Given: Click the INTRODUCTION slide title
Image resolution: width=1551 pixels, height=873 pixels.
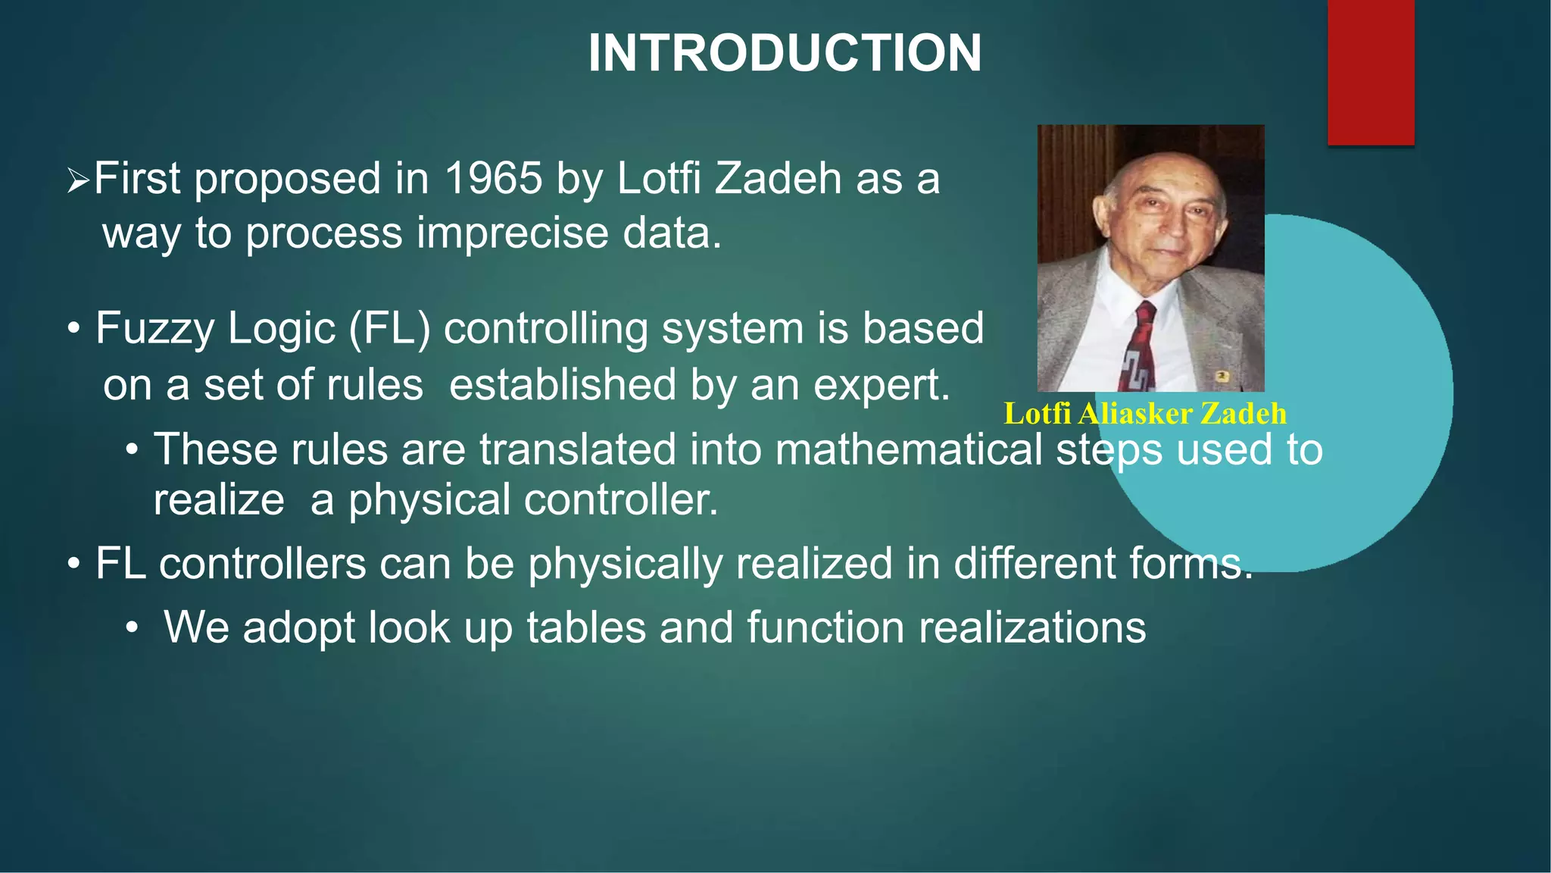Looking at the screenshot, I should click(x=785, y=53).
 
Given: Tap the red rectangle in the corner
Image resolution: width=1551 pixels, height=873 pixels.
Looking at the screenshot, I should click(x=1371, y=72).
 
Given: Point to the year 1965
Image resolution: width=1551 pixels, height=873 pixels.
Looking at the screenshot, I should click(x=493, y=179).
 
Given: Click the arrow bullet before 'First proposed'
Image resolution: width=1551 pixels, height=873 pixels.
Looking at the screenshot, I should click(x=78, y=180).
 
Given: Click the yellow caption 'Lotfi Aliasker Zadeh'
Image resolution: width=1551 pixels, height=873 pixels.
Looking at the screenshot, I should click(x=1144, y=414).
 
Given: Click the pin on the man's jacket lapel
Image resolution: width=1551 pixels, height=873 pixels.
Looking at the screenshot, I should click(x=1222, y=376).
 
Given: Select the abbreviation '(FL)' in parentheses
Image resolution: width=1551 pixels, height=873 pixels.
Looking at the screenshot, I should click(x=389, y=329).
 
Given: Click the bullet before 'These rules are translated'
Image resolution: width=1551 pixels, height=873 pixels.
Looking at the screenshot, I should click(x=132, y=450).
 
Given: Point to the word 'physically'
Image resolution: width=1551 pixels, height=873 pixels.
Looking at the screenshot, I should click(x=625, y=565).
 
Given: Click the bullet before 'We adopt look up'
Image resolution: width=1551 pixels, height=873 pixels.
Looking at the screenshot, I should click(x=132, y=628).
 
